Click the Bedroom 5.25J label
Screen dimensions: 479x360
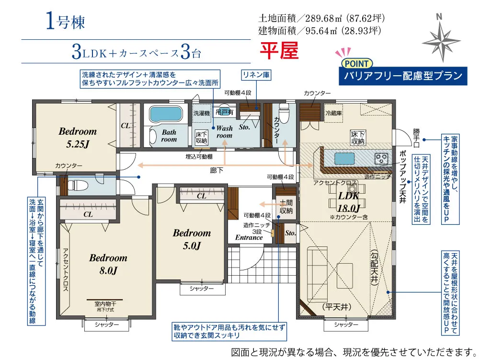click(x=78, y=138)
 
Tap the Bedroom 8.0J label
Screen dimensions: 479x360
click(x=108, y=264)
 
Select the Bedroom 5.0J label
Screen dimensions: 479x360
click(x=192, y=239)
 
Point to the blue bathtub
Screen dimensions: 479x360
click(x=166, y=114)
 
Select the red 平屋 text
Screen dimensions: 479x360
click(x=279, y=50)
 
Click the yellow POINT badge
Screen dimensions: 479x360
click(x=356, y=64)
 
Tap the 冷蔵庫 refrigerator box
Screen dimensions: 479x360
click(x=333, y=113)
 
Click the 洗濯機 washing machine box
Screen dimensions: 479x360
click(x=202, y=113)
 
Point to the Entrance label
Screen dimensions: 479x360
click(x=249, y=237)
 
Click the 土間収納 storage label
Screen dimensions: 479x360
click(x=286, y=207)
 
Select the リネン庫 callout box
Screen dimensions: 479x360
click(x=256, y=75)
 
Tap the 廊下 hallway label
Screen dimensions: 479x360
click(x=217, y=170)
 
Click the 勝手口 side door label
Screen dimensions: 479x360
click(x=416, y=138)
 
